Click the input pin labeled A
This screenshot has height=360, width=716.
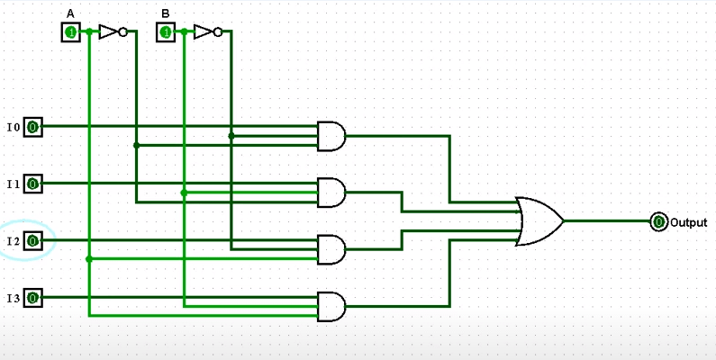point(70,32)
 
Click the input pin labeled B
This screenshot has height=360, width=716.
point(166,32)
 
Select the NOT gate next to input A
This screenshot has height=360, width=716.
point(111,32)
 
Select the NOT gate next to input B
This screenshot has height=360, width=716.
point(206,32)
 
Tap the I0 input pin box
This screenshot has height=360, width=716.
point(32,127)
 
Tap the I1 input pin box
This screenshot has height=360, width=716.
point(32,184)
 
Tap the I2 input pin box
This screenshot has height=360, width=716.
point(32,240)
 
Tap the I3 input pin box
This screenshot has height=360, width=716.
point(32,297)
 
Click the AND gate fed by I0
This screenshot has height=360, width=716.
point(331,136)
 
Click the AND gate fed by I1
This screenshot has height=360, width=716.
point(331,192)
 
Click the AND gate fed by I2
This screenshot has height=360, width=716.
point(331,249)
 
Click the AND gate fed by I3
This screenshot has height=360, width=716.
point(331,306)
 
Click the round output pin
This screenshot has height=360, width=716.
point(658,221)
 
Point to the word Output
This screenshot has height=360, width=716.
point(688,222)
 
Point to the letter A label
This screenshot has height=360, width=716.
point(70,13)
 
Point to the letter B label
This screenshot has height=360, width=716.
point(166,13)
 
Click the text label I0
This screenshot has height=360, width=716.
point(13,128)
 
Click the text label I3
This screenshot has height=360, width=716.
point(13,298)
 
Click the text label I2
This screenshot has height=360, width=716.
point(13,241)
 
